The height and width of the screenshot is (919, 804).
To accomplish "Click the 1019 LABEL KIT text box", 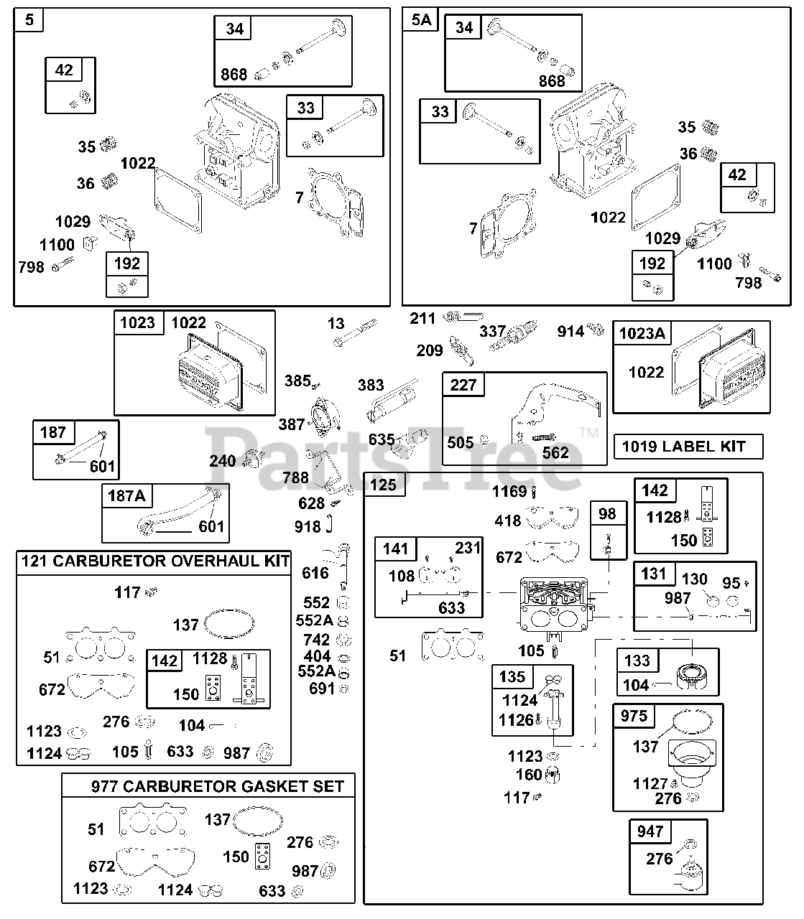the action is (688, 447).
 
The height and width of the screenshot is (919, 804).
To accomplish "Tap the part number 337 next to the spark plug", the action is (493, 332).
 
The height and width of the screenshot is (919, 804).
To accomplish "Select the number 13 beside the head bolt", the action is (336, 323).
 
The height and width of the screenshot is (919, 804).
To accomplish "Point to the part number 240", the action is (223, 461).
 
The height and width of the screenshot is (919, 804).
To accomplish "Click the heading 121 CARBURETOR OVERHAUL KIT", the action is (155, 561).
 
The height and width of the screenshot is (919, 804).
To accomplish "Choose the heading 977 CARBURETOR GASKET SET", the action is (218, 786).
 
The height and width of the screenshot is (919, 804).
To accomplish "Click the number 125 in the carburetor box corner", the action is (383, 485).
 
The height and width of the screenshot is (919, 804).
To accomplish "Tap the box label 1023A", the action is (642, 333).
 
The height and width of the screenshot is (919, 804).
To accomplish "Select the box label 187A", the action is (126, 495).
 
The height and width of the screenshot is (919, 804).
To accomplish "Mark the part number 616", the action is (315, 573).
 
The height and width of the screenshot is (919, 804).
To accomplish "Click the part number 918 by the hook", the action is (308, 527).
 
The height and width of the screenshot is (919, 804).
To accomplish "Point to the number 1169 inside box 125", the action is (509, 491).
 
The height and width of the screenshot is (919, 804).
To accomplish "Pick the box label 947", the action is (650, 831).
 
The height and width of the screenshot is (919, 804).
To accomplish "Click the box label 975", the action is (634, 716).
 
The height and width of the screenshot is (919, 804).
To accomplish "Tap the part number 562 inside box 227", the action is (555, 453).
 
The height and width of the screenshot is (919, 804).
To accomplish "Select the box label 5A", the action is (421, 20).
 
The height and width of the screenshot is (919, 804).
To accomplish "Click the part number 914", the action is (570, 332).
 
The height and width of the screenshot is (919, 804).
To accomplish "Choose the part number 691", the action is (322, 689).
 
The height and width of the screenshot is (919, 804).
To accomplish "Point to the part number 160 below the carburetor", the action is (529, 775).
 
